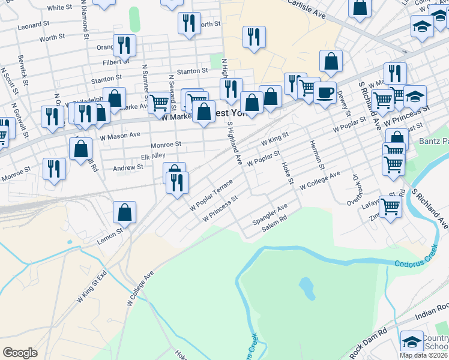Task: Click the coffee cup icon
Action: (325, 93)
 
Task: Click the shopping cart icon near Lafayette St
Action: (390, 207)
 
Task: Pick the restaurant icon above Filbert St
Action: (124, 45)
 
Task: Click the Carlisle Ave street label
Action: (306, 8)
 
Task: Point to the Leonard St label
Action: (33, 26)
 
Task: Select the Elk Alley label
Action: (153, 157)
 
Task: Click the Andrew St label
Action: (128, 169)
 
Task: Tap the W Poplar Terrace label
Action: (211, 196)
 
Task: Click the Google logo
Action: (20, 352)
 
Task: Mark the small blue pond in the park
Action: (307, 289)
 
